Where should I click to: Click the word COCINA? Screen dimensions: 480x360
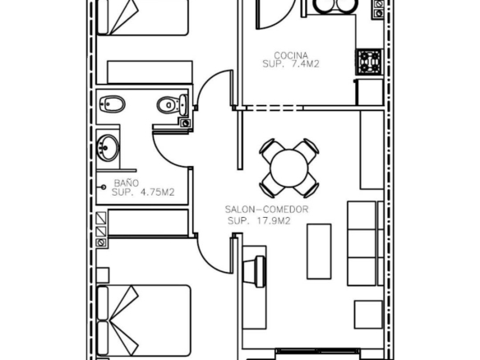tap(291, 56)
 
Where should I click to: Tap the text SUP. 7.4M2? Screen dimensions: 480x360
tap(291, 64)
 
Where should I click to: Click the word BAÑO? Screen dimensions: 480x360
tap(127, 183)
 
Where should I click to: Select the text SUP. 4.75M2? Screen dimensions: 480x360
tap(143, 192)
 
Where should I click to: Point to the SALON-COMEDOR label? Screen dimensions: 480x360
tap(266, 210)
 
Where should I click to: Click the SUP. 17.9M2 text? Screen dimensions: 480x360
tap(259, 221)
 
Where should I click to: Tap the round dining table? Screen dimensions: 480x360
tap(289, 168)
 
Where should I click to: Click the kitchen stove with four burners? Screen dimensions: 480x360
tap(370, 62)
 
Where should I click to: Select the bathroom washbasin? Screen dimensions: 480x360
tap(108, 148)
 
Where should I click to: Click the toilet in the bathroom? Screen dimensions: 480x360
tap(173, 104)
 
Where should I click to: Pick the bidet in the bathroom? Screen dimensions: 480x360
tap(113, 104)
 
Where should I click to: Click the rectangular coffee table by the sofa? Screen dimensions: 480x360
tap(319, 252)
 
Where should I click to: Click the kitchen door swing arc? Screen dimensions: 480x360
tap(282, 21)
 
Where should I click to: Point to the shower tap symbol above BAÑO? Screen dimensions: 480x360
tap(104, 187)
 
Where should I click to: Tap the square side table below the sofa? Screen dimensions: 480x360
tap(368, 315)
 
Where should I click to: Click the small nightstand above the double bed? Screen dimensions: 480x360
tap(103, 275)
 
